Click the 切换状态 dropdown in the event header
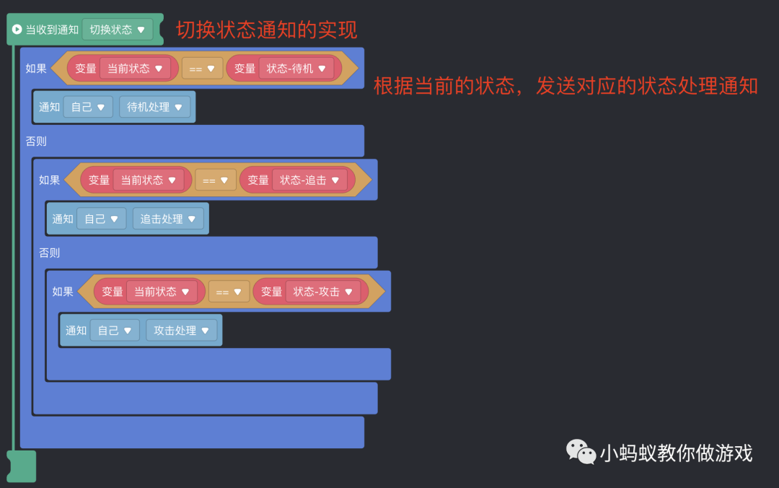[x=118, y=30]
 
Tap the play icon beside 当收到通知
[x=17, y=30]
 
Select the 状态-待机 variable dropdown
[x=296, y=69]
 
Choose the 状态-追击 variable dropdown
[x=310, y=180]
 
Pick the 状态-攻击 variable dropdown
[x=323, y=292]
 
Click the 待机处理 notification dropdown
[x=154, y=107]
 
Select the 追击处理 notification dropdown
[x=168, y=219]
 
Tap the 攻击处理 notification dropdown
[x=181, y=331]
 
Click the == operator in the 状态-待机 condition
[x=202, y=69]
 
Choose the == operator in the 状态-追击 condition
[x=216, y=180]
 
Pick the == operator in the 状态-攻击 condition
[x=229, y=292]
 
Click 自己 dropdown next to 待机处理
[x=88, y=107]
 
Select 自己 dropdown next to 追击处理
[x=102, y=219]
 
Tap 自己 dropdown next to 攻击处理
[x=115, y=331]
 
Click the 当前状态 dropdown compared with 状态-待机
[x=135, y=69]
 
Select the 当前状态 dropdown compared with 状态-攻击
[x=162, y=292]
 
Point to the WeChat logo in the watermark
[x=581, y=452]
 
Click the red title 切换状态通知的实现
[x=267, y=30]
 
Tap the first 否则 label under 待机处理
[x=36, y=141]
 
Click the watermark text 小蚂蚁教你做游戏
[x=676, y=453]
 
